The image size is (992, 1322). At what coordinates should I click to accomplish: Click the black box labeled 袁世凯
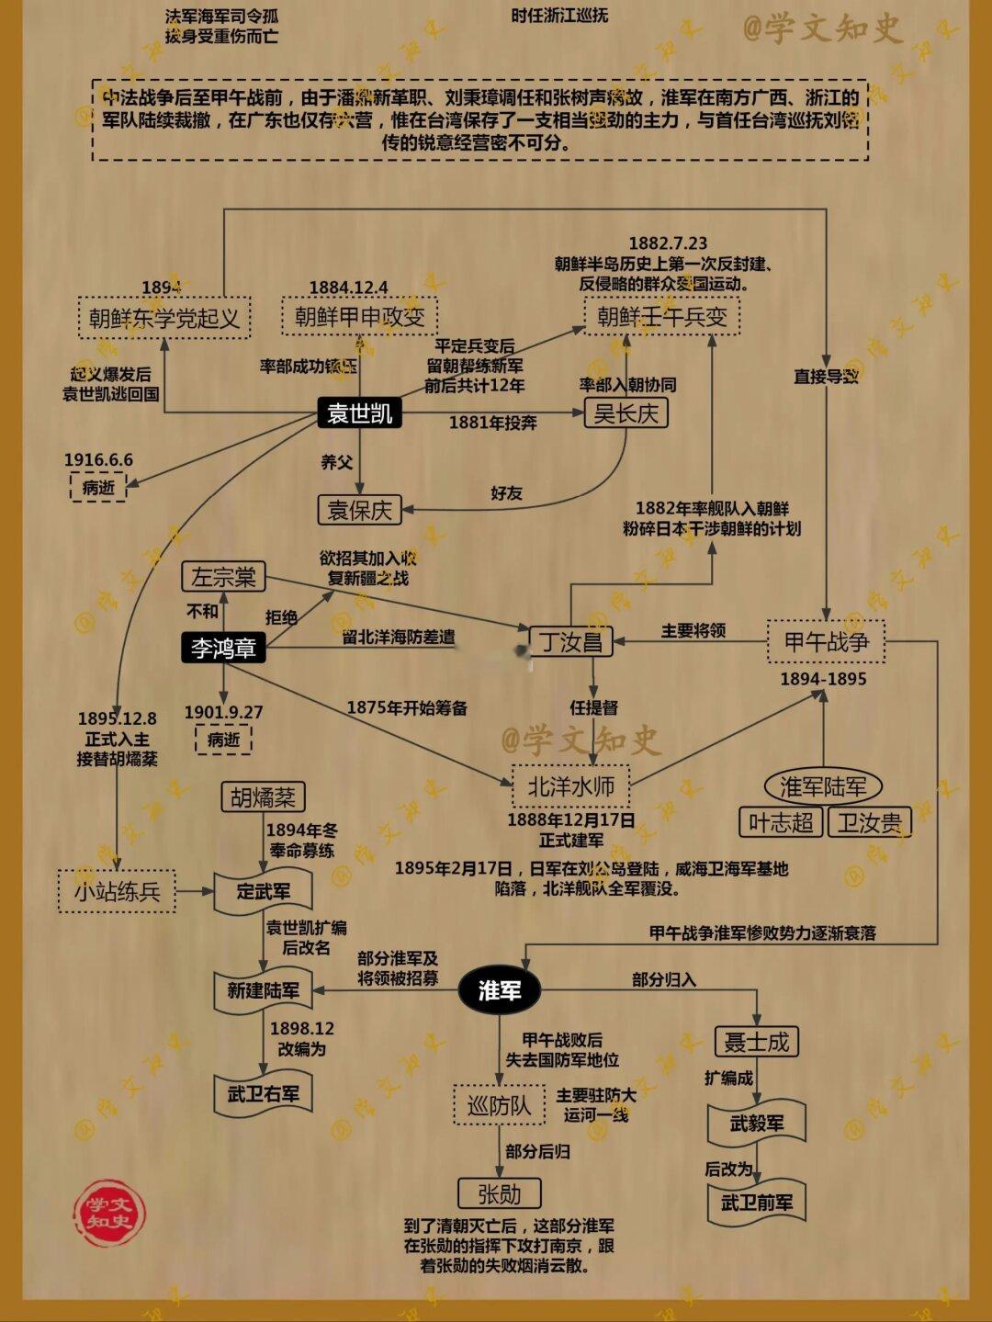coord(359,413)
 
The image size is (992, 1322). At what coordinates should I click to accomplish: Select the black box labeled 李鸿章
coord(223,648)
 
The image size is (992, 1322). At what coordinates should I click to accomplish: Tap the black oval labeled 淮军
coord(499,990)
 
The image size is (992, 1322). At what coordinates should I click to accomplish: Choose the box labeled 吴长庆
coord(626,413)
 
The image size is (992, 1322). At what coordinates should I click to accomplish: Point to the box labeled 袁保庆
coord(359,510)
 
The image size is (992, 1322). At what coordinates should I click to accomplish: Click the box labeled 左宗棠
coord(223,577)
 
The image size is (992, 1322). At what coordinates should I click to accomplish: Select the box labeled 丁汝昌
coord(570,641)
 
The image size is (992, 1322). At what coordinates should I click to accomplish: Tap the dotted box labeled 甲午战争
coord(826,641)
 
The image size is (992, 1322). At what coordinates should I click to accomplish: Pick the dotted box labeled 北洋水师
coord(570,786)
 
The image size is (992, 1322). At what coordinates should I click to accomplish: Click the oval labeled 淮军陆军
coord(822,786)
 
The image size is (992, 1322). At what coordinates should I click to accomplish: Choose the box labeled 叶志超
coord(780,822)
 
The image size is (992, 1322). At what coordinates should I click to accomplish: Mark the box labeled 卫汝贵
coord(869,822)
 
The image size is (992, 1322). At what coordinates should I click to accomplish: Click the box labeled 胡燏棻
coord(263,797)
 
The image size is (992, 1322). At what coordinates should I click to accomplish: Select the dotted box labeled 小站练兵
coord(117,891)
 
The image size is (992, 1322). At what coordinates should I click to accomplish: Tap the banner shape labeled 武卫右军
coord(264,1094)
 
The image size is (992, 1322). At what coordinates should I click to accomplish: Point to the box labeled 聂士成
coord(756,1042)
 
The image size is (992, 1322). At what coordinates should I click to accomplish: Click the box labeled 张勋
coord(499,1194)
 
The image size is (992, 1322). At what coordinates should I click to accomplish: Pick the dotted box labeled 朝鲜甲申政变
coord(359,317)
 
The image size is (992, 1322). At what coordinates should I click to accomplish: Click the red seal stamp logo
coord(109,1213)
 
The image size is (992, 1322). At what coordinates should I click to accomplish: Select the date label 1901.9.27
coord(223,712)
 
